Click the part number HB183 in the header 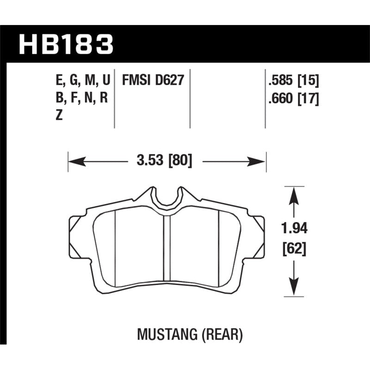point(65,45)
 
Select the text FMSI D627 point(153,80)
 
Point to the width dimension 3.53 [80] point(165,161)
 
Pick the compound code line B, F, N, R point(81,99)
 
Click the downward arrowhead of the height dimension point(292,287)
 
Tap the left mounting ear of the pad point(74,236)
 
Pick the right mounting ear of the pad point(260,236)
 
